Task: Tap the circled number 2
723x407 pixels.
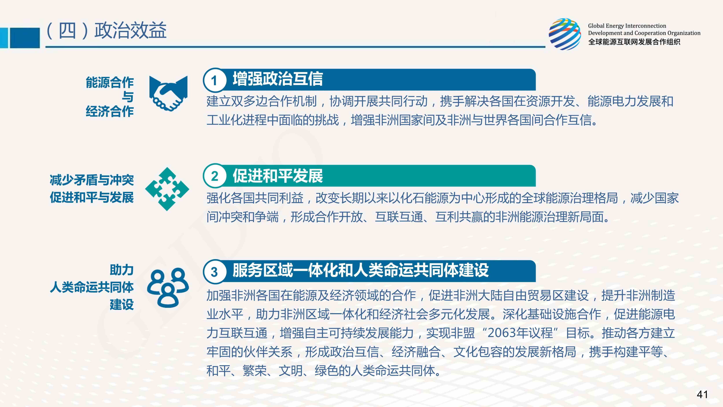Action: click(x=214, y=176)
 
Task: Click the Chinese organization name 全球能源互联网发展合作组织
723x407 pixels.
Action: click(x=634, y=42)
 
